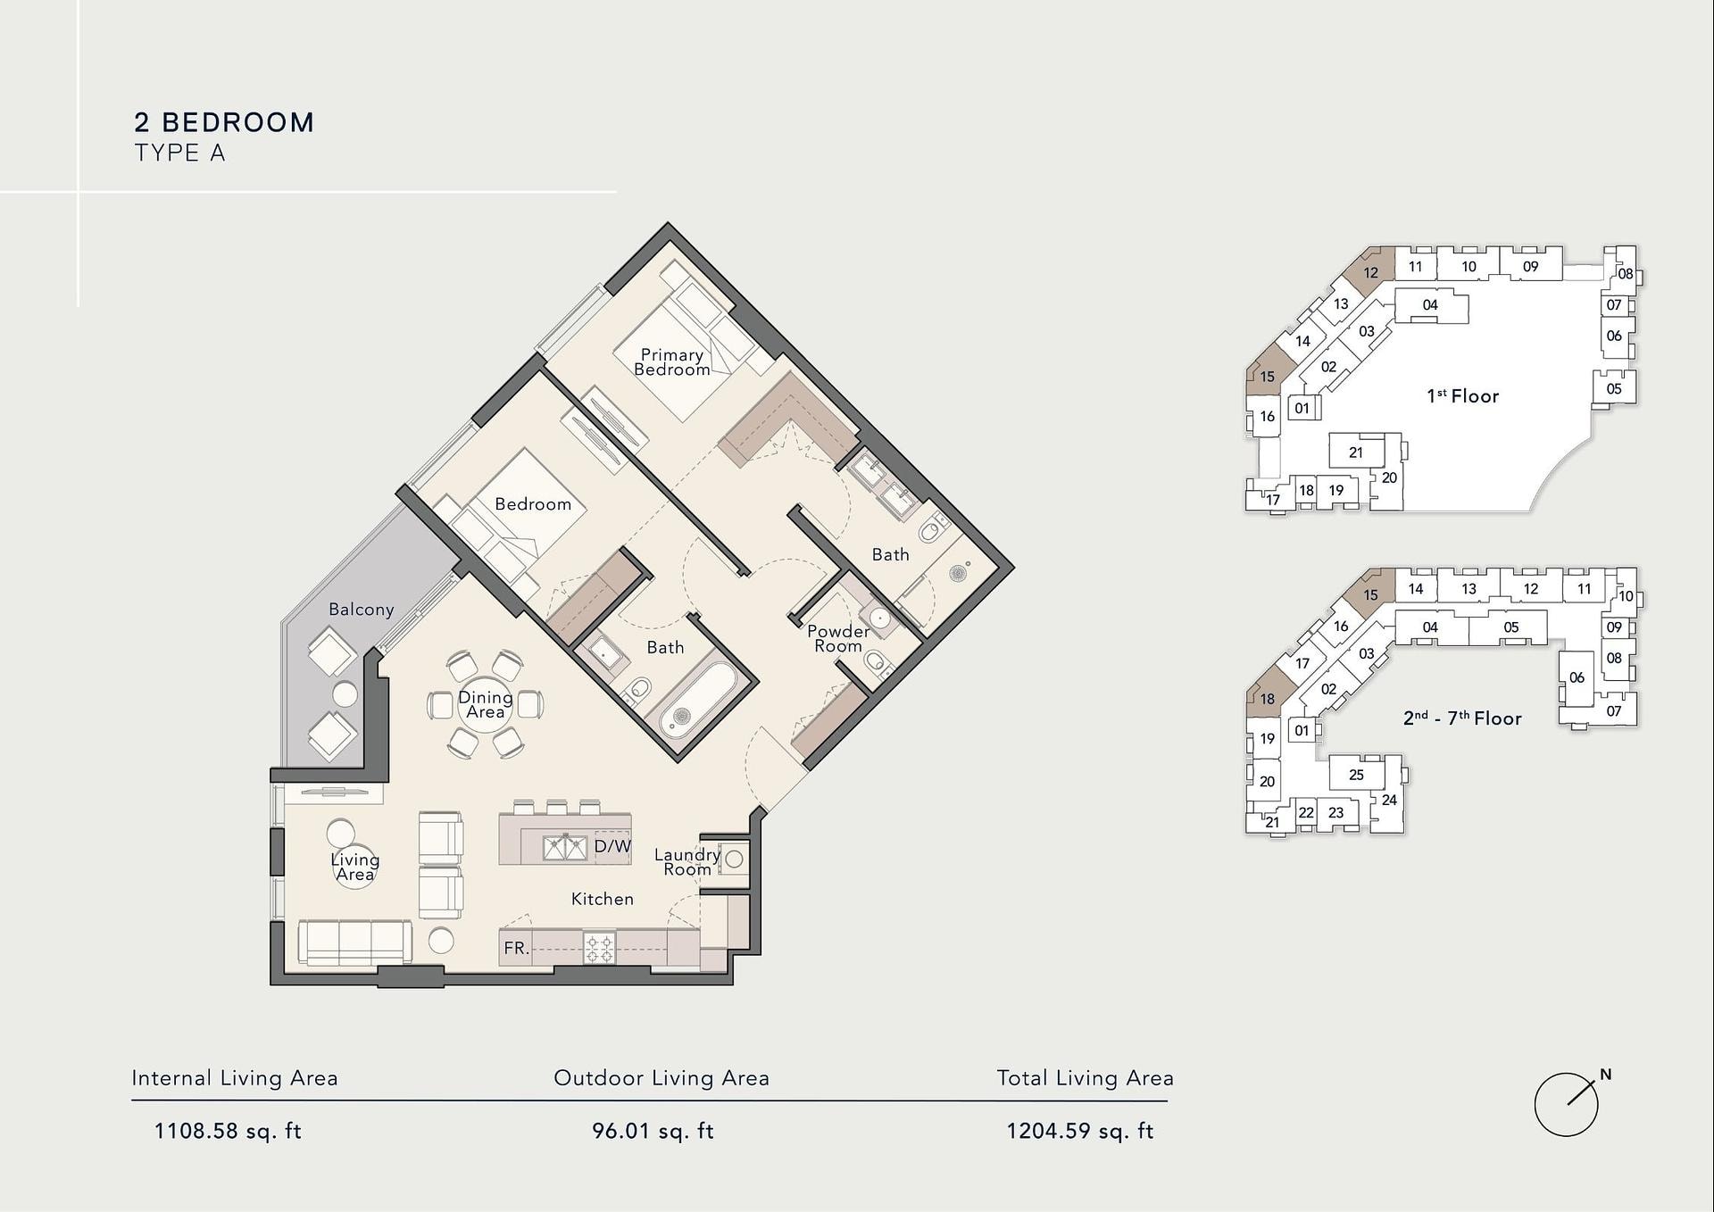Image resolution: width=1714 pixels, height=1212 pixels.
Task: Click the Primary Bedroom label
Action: tap(672, 362)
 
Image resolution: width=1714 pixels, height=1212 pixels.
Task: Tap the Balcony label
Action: tap(361, 610)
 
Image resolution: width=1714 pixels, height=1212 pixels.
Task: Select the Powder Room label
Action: tap(837, 638)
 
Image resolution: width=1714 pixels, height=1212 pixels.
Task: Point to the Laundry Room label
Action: tap(686, 861)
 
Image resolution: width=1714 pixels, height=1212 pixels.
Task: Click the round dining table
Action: tap(486, 704)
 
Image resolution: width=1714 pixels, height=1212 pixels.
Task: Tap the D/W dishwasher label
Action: tap(612, 846)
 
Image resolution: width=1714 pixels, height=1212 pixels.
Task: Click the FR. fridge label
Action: tap(517, 948)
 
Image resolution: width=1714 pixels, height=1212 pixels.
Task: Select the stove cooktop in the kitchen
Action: tap(599, 948)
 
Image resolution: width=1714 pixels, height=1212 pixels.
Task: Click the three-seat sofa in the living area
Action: tap(355, 942)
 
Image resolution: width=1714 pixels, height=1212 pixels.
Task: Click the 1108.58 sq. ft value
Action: tap(228, 1131)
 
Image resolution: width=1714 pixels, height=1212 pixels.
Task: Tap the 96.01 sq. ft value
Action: tap(653, 1131)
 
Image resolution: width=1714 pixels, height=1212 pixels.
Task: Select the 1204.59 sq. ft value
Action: tap(1080, 1131)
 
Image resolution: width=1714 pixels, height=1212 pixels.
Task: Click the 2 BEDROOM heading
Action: tap(224, 122)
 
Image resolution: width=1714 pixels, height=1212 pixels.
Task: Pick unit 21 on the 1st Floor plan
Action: tap(1356, 452)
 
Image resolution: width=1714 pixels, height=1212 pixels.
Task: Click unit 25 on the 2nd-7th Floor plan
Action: tap(1356, 775)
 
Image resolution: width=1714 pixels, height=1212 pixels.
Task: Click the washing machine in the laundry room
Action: tap(734, 859)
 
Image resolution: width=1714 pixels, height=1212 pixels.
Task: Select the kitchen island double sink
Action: tap(565, 847)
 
